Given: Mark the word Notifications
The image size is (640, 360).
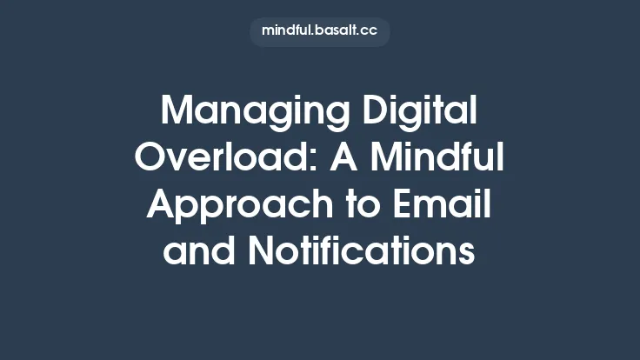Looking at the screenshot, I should (x=362, y=253).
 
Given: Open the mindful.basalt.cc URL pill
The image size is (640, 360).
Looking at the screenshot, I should (x=320, y=31).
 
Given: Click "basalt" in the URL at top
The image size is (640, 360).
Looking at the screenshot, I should (x=337, y=31).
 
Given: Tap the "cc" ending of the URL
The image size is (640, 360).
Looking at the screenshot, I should (x=370, y=31).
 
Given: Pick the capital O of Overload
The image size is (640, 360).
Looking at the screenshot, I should (x=153, y=159).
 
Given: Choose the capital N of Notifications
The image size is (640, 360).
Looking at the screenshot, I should (x=261, y=253).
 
